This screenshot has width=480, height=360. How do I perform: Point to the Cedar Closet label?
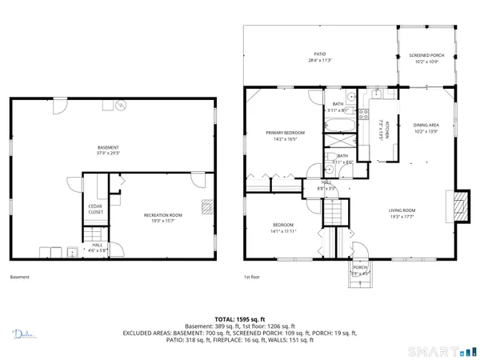(x=94, y=210)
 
